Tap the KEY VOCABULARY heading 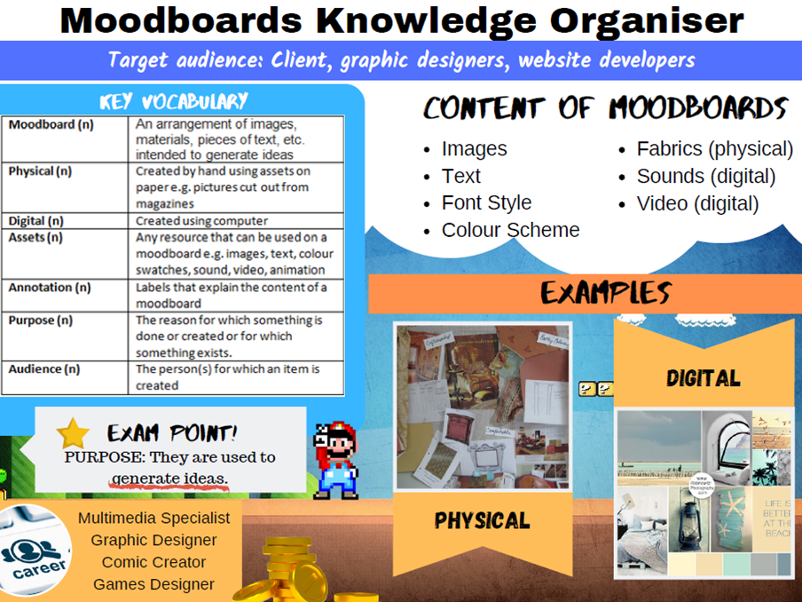pyautogui.click(x=173, y=101)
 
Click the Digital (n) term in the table pyautogui.click(x=36, y=221)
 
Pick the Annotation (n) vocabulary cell pyautogui.click(x=50, y=288)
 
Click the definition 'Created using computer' pyautogui.click(x=201, y=221)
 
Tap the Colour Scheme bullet pyautogui.click(x=510, y=230)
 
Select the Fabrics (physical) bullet pyautogui.click(x=714, y=149)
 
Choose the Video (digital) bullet pyautogui.click(x=697, y=203)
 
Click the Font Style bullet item pyautogui.click(x=486, y=203)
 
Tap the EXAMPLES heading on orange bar pyautogui.click(x=606, y=293)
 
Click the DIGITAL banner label pyautogui.click(x=704, y=378)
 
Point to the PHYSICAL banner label pyautogui.click(x=482, y=521)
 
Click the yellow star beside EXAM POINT pyautogui.click(x=73, y=434)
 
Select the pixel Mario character pyautogui.click(x=336, y=459)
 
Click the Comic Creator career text pyautogui.click(x=153, y=562)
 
